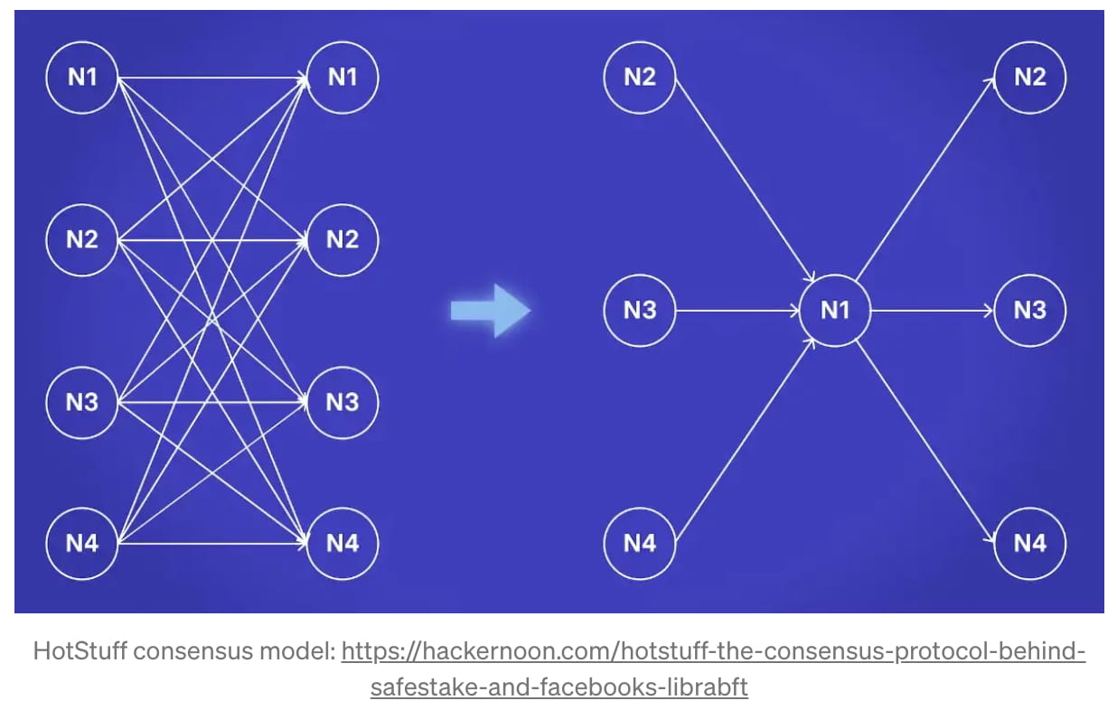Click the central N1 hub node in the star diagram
(835, 311)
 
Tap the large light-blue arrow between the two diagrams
(491, 311)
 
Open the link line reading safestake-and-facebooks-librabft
(558, 687)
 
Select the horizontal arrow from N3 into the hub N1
(737, 311)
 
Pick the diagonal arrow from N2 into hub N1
(746, 181)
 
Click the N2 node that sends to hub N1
(640, 78)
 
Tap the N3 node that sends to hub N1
(640, 311)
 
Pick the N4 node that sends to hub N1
(640, 544)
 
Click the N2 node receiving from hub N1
(1030, 78)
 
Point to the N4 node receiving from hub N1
(1030, 544)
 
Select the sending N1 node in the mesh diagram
(82, 78)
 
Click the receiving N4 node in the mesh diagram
(343, 544)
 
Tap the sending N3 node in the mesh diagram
(82, 402)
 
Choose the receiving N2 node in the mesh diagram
(343, 240)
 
